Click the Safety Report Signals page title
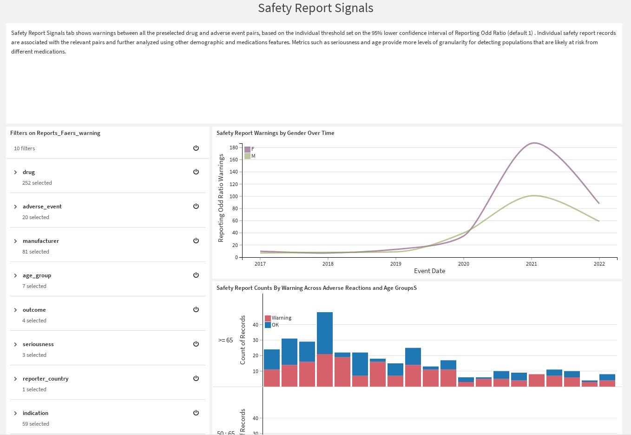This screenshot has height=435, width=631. pos(315,8)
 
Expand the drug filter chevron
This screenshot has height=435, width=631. pos(15,172)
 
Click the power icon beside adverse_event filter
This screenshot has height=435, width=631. pos(196,206)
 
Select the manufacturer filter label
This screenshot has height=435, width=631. pos(41,241)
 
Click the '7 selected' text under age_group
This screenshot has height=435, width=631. pos(34,286)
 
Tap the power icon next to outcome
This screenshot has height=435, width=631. pos(196,309)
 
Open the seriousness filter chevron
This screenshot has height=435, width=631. pos(15,344)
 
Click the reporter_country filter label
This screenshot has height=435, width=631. pos(46,379)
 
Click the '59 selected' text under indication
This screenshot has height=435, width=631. pos(36,424)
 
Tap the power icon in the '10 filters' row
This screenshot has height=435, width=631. pos(196,148)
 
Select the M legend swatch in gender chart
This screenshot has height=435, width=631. pos(248,156)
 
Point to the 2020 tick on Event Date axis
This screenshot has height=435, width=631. pos(463,264)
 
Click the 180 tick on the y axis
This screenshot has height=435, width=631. pos(233,147)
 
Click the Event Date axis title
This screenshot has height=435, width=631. pos(429,271)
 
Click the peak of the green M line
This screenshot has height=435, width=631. pos(534,195)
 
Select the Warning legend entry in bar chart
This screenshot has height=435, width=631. pos(281,318)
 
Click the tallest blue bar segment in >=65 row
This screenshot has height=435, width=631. pos(325,333)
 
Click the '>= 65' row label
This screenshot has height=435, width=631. pos(226,340)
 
